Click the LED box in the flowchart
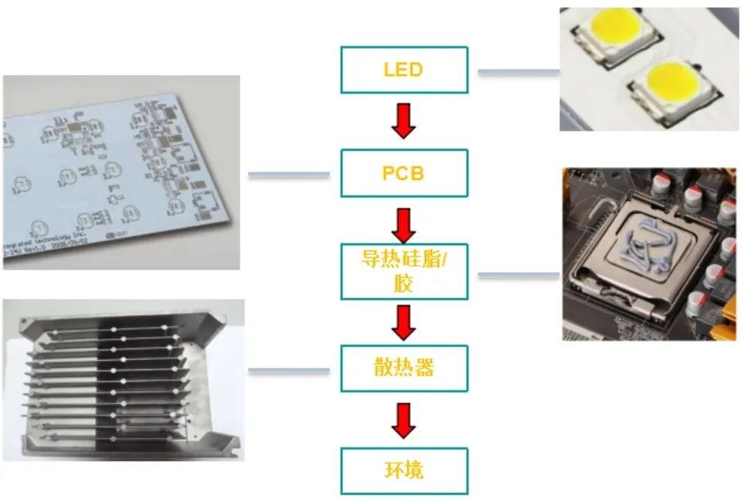[404, 70]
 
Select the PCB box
[404, 173]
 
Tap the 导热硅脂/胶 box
[404, 271]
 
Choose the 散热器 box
[404, 368]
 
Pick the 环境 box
[404, 471]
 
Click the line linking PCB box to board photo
[289, 175]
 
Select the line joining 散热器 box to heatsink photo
[289, 371]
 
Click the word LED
[403, 70]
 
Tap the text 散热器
[403, 368]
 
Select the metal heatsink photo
[124, 379]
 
